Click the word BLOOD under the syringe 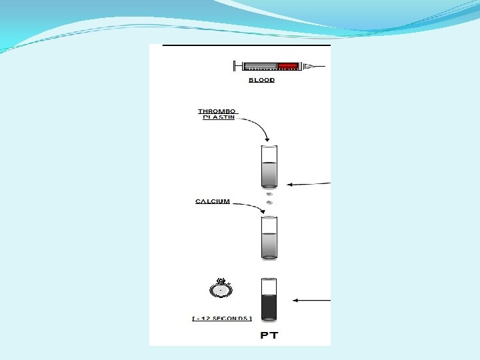pos(262,80)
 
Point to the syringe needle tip pos(321,66)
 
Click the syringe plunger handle pos(235,66)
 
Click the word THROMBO pos(217,111)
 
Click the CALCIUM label pos(213,201)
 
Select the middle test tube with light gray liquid pos(269,238)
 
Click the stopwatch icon pos(221,289)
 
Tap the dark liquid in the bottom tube pos(269,307)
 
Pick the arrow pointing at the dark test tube pos(312,301)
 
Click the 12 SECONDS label pos(222,319)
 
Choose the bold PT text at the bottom pos(269,335)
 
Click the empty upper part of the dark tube pos(269,286)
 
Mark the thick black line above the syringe pos(247,45)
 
